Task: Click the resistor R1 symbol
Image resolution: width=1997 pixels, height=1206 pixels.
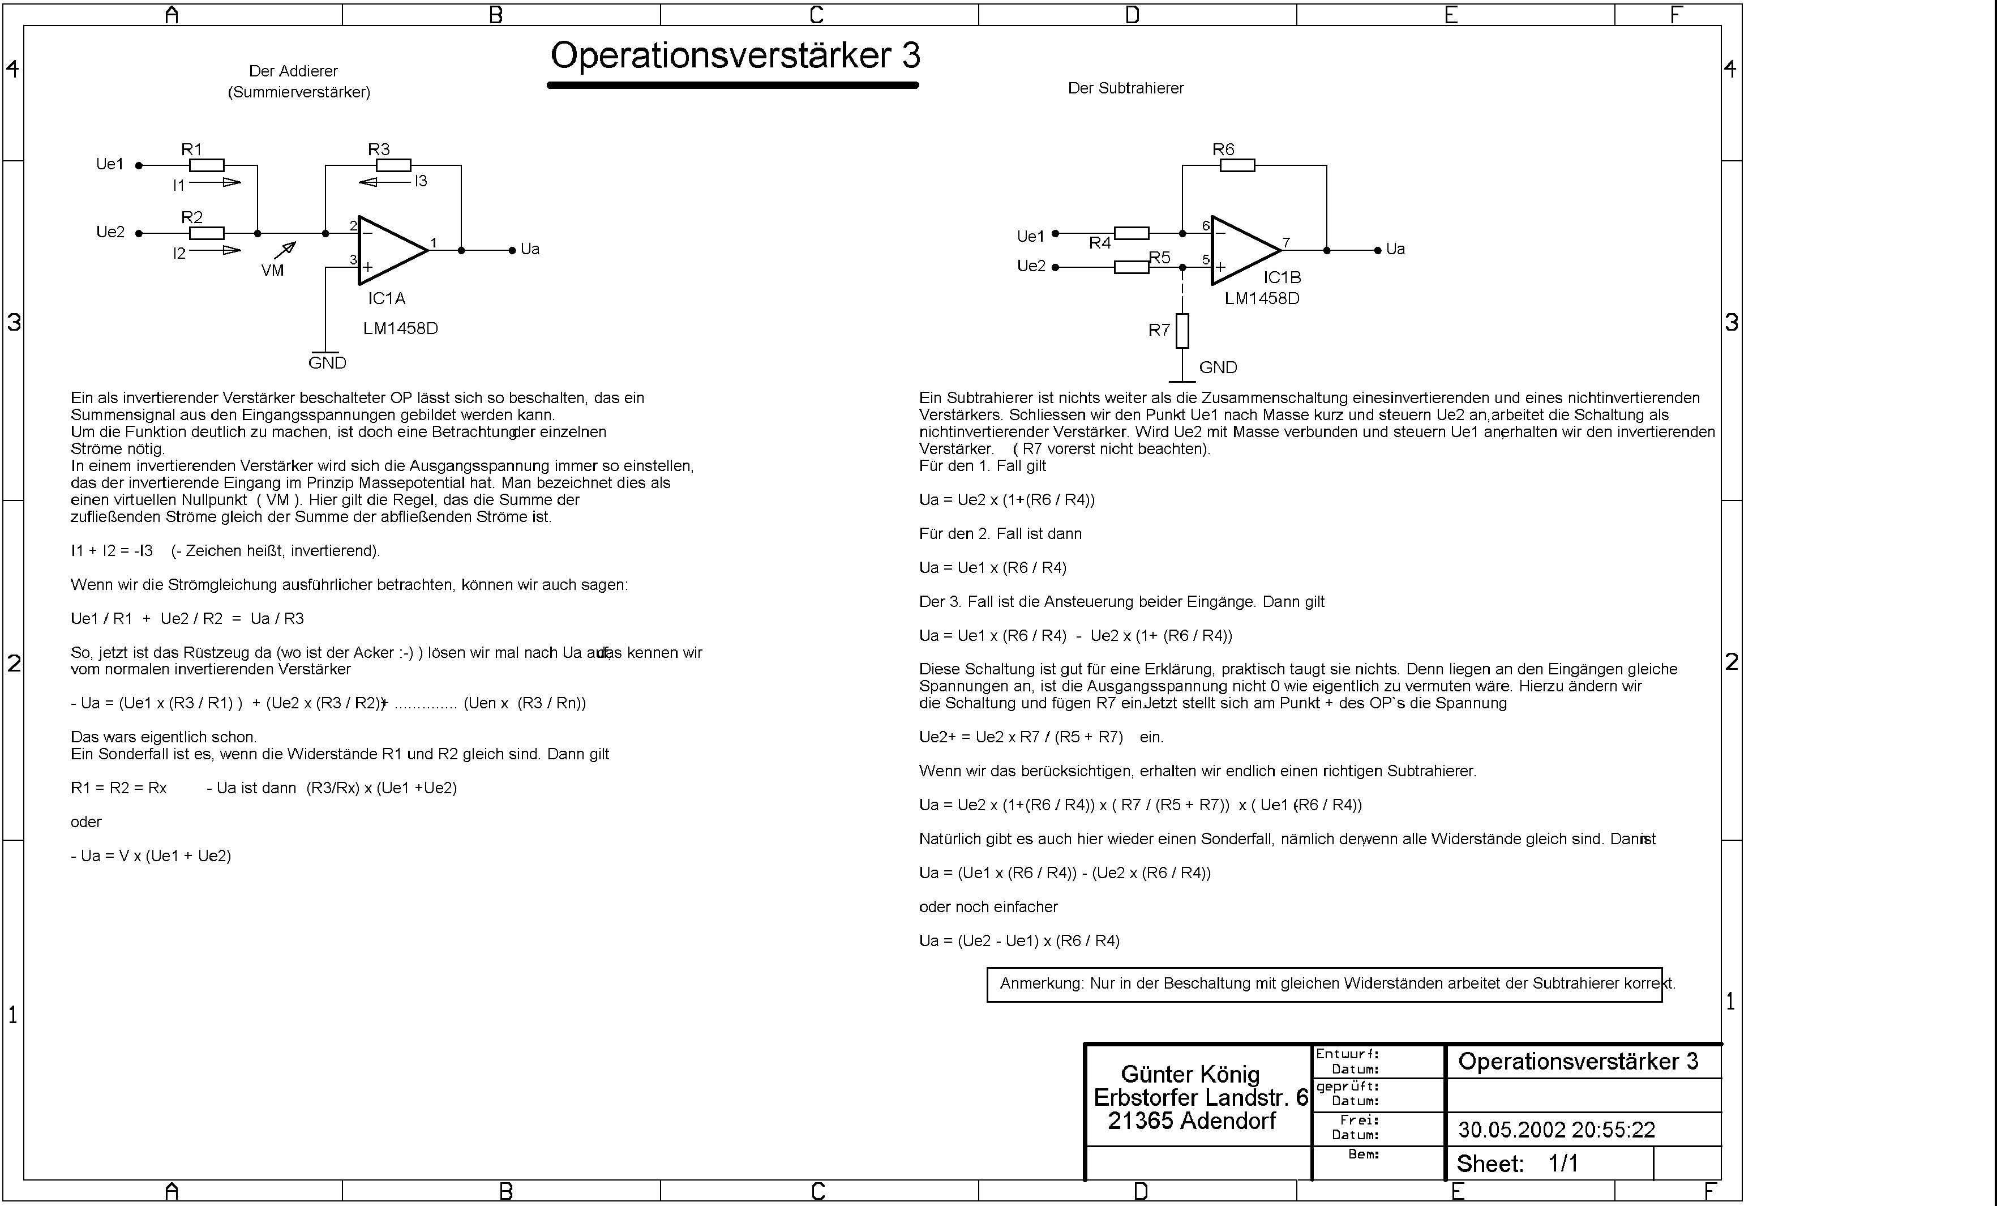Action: (x=207, y=165)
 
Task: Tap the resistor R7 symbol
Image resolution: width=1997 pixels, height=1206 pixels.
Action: (x=1182, y=331)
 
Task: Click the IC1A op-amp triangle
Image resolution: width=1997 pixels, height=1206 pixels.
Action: (x=391, y=250)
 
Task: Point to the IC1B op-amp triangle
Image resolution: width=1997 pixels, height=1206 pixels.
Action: (x=1243, y=250)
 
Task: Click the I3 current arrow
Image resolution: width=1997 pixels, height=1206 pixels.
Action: (x=384, y=182)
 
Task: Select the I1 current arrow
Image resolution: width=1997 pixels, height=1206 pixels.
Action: (x=216, y=182)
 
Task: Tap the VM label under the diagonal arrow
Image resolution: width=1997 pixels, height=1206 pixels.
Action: (x=272, y=271)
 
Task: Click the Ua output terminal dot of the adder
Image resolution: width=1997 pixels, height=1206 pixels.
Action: (x=512, y=250)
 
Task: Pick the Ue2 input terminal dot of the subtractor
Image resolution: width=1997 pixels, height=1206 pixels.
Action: (x=1055, y=267)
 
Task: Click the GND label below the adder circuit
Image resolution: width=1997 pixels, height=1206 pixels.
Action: (x=327, y=363)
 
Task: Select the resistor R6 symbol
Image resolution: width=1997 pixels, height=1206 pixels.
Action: (x=1237, y=165)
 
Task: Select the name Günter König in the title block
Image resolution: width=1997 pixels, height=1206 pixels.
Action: (x=1190, y=1074)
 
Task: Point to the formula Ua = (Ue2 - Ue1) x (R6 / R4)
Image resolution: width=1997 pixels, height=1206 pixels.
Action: (x=1019, y=941)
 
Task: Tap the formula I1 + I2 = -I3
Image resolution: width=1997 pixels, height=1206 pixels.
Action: (x=112, y=551)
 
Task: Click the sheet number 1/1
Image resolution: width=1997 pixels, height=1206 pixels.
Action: (x=1563, y=1164)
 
